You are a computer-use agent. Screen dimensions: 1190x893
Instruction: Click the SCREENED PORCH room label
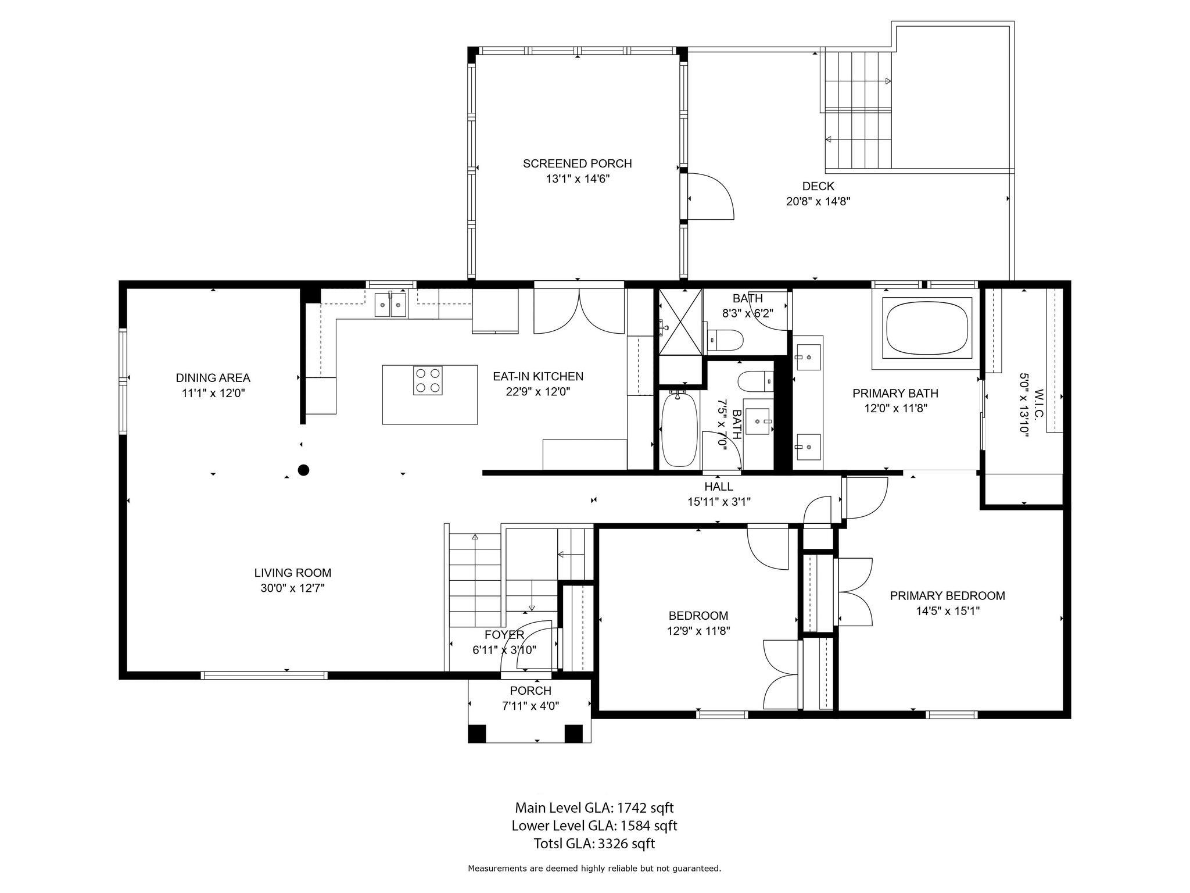(577, 164)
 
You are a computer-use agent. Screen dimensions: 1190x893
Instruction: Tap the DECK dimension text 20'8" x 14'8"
(818, 202)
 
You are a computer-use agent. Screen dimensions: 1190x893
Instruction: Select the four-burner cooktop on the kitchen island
(428, 381)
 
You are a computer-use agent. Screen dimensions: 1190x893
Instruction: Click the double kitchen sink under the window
(390, 304)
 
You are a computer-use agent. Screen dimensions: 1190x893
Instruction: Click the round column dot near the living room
(303, 470)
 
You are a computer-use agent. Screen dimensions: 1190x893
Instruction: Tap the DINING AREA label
(213, 378)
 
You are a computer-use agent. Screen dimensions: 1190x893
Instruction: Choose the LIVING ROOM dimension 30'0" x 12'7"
(292, 588)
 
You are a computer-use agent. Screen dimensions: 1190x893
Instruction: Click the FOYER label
(504, 635)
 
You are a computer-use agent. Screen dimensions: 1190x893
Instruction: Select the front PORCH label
(531, 691)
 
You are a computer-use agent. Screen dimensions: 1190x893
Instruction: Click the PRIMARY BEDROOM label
(947, 595)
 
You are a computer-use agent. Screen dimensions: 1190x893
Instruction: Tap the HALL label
(719, 486)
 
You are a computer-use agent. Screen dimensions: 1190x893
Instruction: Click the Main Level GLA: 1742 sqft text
(594, 808)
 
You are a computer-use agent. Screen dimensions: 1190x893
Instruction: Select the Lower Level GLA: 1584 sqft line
(594, 826)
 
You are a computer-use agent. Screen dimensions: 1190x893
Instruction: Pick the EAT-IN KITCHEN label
(538, 376)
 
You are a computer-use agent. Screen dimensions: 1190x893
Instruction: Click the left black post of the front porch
(477, 734)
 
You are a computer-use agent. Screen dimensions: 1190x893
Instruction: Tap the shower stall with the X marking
(680, 321)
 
